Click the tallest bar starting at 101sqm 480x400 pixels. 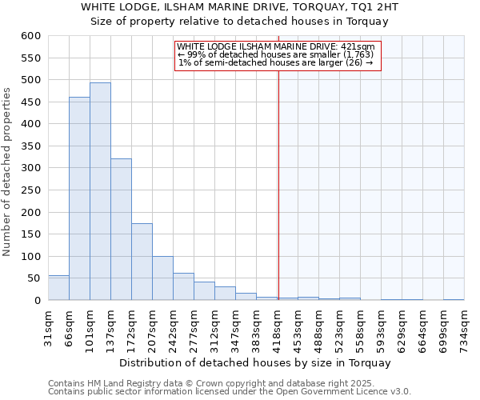coord(100,192)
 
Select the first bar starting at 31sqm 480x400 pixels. coord(58,288)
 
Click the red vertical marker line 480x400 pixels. coord(278,160)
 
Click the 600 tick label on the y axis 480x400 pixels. coord(31,36)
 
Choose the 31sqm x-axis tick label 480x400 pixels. coord(49,325)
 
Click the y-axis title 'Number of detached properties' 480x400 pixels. coord(8,172)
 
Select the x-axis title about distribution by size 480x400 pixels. coord(255,362)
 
